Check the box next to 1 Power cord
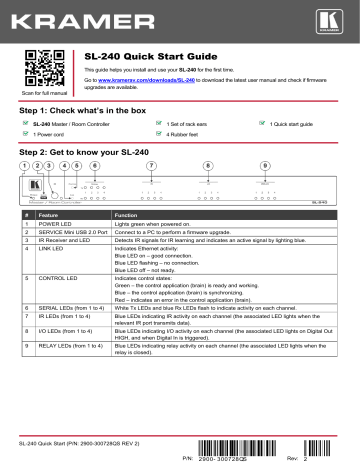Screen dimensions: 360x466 point(26,133)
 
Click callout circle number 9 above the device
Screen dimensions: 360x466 point(265,165)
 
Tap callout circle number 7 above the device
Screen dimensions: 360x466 point(151,165)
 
